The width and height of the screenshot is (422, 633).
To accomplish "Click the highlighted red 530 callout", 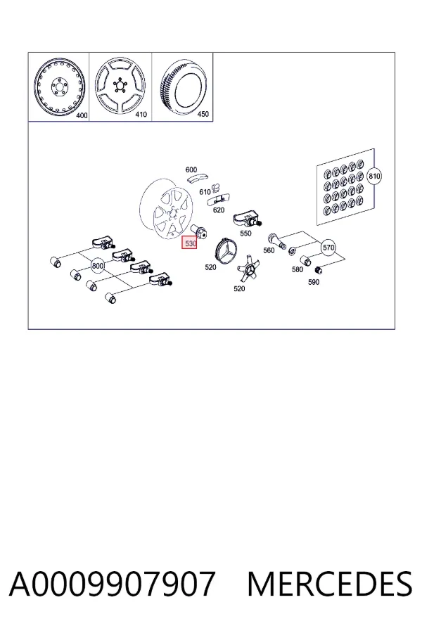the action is tap(189, 243).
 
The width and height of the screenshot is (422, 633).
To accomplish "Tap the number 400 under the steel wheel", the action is tap(82, 116).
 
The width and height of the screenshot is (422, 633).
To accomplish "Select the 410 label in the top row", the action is tap(141, 115).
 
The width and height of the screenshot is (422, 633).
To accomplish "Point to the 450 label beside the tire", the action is tap(203, 114).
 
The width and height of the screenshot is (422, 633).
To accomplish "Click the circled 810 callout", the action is tap(374, 177).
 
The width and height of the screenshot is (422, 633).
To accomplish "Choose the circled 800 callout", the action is tap(98, 266).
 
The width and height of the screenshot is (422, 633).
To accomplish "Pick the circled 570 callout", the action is tap(328, 248).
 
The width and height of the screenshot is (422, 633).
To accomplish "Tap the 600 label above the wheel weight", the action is tap(191, 170).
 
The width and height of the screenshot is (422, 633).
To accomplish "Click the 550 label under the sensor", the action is tap(245, 234).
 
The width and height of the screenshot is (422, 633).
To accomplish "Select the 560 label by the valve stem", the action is tap(269, 250).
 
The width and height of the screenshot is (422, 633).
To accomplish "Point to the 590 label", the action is tap(314, 282).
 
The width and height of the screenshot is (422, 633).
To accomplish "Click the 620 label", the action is tap(219, 210).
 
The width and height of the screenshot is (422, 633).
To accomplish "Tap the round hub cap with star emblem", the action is tap(226, 250).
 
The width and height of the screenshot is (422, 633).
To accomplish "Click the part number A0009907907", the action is tap(112, 584).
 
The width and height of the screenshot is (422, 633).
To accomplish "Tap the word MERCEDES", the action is tap(330, 584).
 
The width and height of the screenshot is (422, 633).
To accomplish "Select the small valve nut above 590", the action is tap(318, 269).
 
